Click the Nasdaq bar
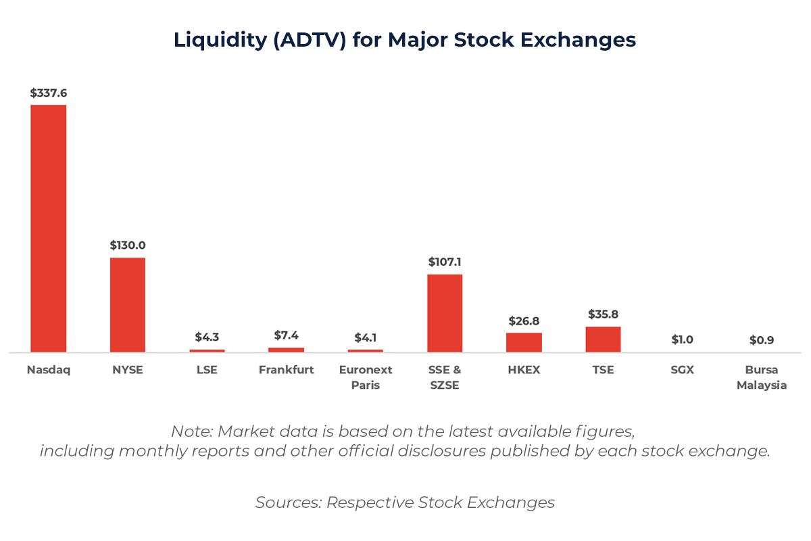coord(49,229)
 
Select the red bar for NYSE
coord(128,304)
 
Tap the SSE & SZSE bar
coord(445,313)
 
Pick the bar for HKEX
coord(524,342)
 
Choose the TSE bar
coord(603,339)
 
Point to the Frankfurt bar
coord(286,350)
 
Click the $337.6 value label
coord(48,93)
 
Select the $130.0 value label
coord(128,245)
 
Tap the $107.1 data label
coord(445,262)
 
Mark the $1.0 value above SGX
coord(682,339)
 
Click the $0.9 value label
coord(762,340)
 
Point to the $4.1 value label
coord(366,337)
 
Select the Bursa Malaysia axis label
coord(762,377)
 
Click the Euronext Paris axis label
coord(366,377)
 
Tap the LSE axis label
coord(207,370)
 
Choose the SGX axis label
coord(682,370)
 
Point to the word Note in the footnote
coord(191,431)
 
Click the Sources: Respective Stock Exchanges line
coord(405,502)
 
